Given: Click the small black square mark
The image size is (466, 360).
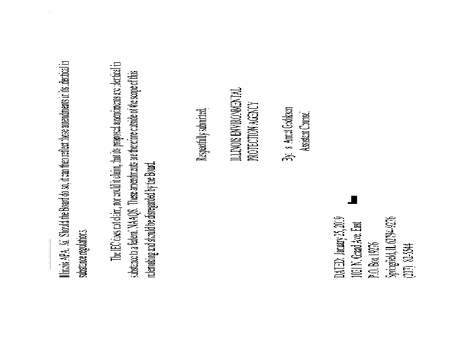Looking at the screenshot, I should point(352,200).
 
